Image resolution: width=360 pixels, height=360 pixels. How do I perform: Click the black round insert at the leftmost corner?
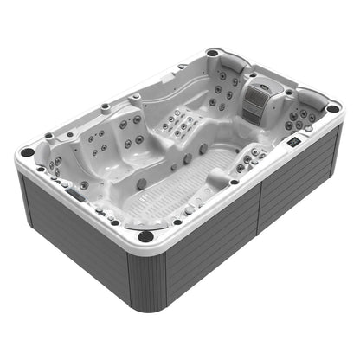28,152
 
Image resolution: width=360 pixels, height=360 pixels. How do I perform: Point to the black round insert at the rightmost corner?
332,108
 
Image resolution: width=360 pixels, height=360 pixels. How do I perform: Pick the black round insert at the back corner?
212,54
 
